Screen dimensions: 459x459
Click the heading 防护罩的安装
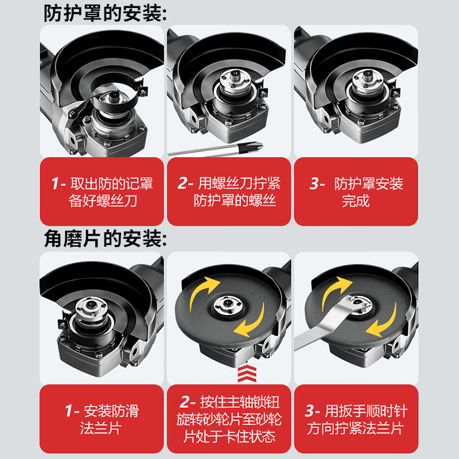coord(106,13)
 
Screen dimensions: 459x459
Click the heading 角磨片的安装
coord(106,238)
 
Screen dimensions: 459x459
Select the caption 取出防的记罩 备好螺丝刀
coord(102,192)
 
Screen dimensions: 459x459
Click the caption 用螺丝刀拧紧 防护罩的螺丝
coord(228,192)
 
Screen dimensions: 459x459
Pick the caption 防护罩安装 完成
coord(356,192)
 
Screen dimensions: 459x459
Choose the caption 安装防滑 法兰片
coord(102,419)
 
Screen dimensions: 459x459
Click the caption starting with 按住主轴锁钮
coord(228,419)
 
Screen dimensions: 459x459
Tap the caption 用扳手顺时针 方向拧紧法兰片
coord(356,419)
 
